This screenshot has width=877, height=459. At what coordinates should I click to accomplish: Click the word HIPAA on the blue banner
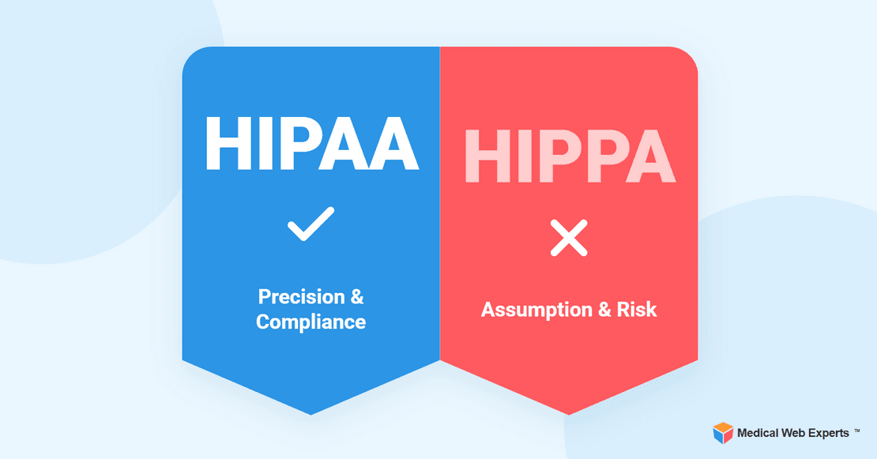tap(311, 144)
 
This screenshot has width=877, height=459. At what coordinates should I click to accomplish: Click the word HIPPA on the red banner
tap(568, 155)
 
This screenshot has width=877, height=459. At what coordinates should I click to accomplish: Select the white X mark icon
tap(569, 238)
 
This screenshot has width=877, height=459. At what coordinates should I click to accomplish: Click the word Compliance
tap(311, 322)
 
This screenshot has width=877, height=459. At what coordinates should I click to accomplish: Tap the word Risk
tap(638, 310)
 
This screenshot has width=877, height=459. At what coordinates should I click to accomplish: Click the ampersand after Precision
tap(356, 297)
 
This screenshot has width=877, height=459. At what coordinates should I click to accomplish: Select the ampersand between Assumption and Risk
tap(604, 310)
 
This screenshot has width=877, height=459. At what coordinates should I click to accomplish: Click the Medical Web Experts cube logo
tap(723, 433)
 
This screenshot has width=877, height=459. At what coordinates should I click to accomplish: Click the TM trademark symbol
tap(857, 431)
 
